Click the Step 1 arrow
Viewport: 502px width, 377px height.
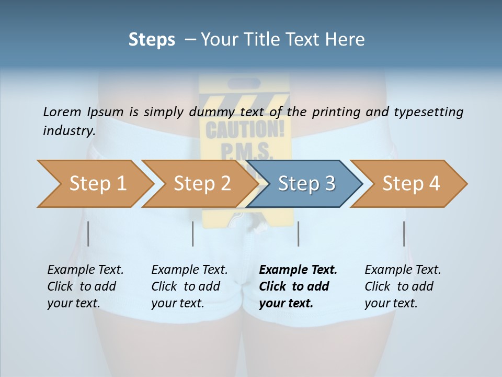97,184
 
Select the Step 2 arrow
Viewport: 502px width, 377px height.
202,184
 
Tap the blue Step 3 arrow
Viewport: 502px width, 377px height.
306,184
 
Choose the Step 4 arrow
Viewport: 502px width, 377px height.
411,184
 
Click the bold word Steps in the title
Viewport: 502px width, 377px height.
152,39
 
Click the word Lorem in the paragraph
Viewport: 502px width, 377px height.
62,112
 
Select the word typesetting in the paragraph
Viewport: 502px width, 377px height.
428,112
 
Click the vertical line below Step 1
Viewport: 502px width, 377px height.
88,234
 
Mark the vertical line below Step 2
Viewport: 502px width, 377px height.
193,234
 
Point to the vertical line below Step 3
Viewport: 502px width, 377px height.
299,234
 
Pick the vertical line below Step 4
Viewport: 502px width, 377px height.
404,234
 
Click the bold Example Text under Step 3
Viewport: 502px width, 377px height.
298,270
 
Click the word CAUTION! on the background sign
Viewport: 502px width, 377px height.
245,128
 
